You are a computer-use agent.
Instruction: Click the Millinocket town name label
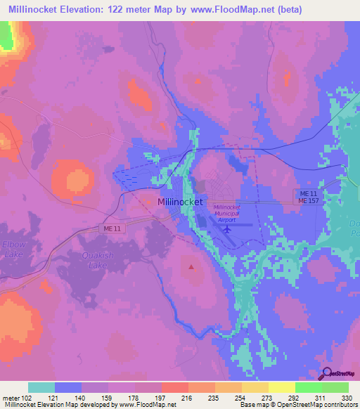pyautogui.click(x=180, y=202)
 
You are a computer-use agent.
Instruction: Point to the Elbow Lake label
pyautogui.click(x=13, y=249)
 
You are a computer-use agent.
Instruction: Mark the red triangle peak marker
pyautogui.click(x=191, y=266)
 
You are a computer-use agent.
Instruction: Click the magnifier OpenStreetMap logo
pyautogui.click(x=327, y=374)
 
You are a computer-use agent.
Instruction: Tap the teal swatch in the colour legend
pyautogui.click(x=41, y=387)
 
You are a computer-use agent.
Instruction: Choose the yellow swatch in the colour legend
pyautogui.click(x=281, y=387)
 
